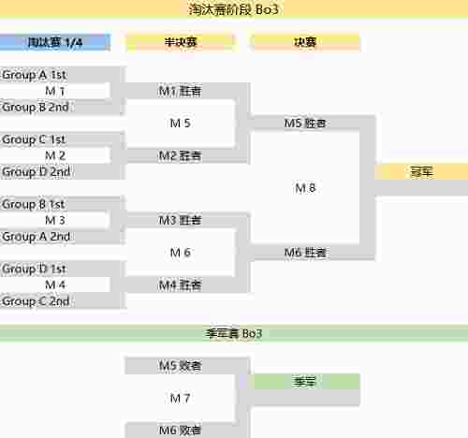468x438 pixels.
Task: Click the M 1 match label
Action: coord(55,91)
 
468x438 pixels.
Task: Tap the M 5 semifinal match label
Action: coord(180,124)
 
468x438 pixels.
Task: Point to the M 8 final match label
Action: coord(305,188)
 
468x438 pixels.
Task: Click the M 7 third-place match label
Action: coord(180,398)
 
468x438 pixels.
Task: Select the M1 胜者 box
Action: coord(180,91)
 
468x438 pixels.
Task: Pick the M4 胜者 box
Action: coord(180,285)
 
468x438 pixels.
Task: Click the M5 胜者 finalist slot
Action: coord(305,124)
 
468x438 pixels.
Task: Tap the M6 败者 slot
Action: coord(180,431)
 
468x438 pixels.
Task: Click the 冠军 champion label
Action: coord(421,172)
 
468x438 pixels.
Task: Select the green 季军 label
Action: coord(305,382)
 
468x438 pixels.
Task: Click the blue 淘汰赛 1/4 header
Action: coord(55,42)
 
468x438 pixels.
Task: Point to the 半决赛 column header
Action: coord(181,42)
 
